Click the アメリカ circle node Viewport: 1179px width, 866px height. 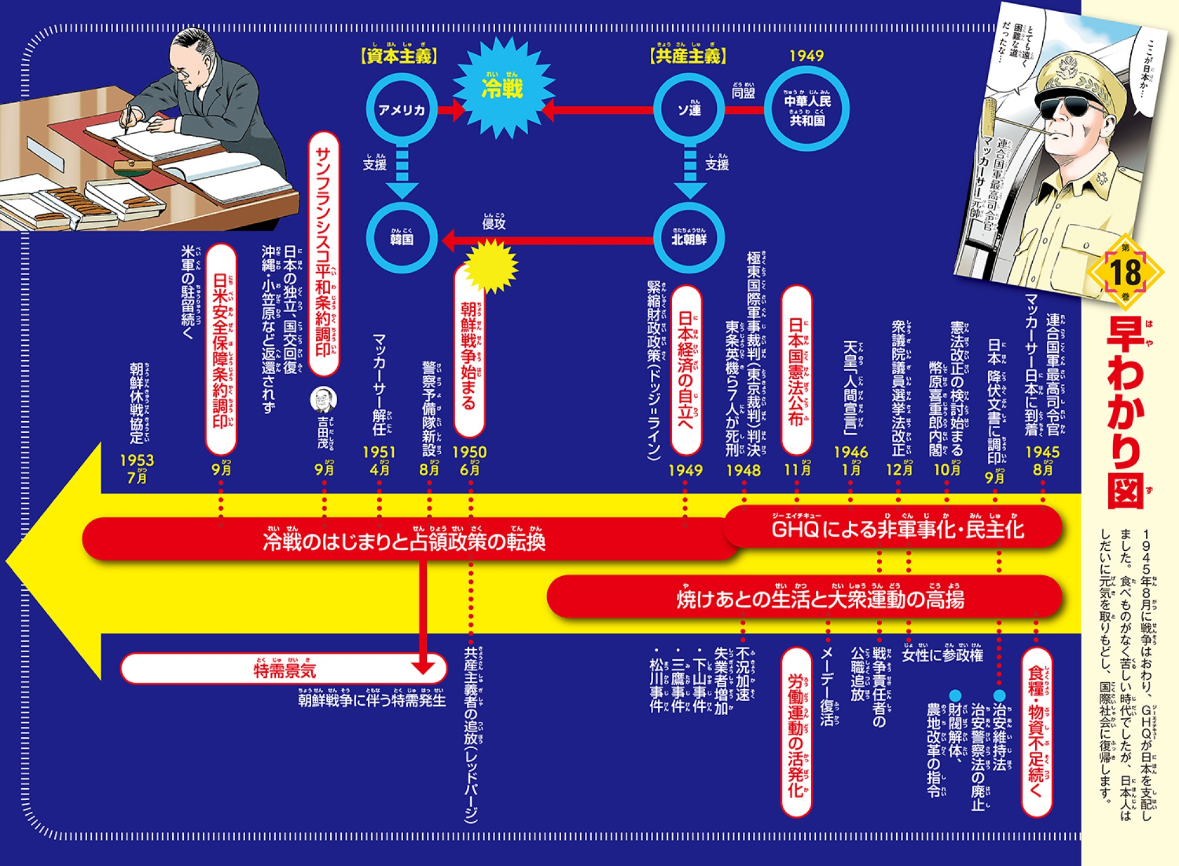click(x=401, y=110)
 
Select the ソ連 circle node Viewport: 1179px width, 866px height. click(x=689, y=110)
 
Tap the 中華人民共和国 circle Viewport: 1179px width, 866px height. click(x=807, y=110)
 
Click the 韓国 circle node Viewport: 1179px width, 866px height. click(x=401, y=239)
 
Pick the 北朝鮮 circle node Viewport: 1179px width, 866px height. click(x=689, y=239)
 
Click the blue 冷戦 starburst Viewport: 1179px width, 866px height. click(x=502, y=88)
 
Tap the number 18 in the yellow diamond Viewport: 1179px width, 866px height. click(x=1125, y=273)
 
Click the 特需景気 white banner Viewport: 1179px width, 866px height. click(x=284, y=669)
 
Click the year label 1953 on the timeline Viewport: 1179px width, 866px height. click(x=137, y=460)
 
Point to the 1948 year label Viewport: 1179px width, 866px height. click(x=743, y=470)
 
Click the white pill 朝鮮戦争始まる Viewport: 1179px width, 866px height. click(x=469, y=353)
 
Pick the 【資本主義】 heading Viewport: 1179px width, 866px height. click(x=399, y=56)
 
